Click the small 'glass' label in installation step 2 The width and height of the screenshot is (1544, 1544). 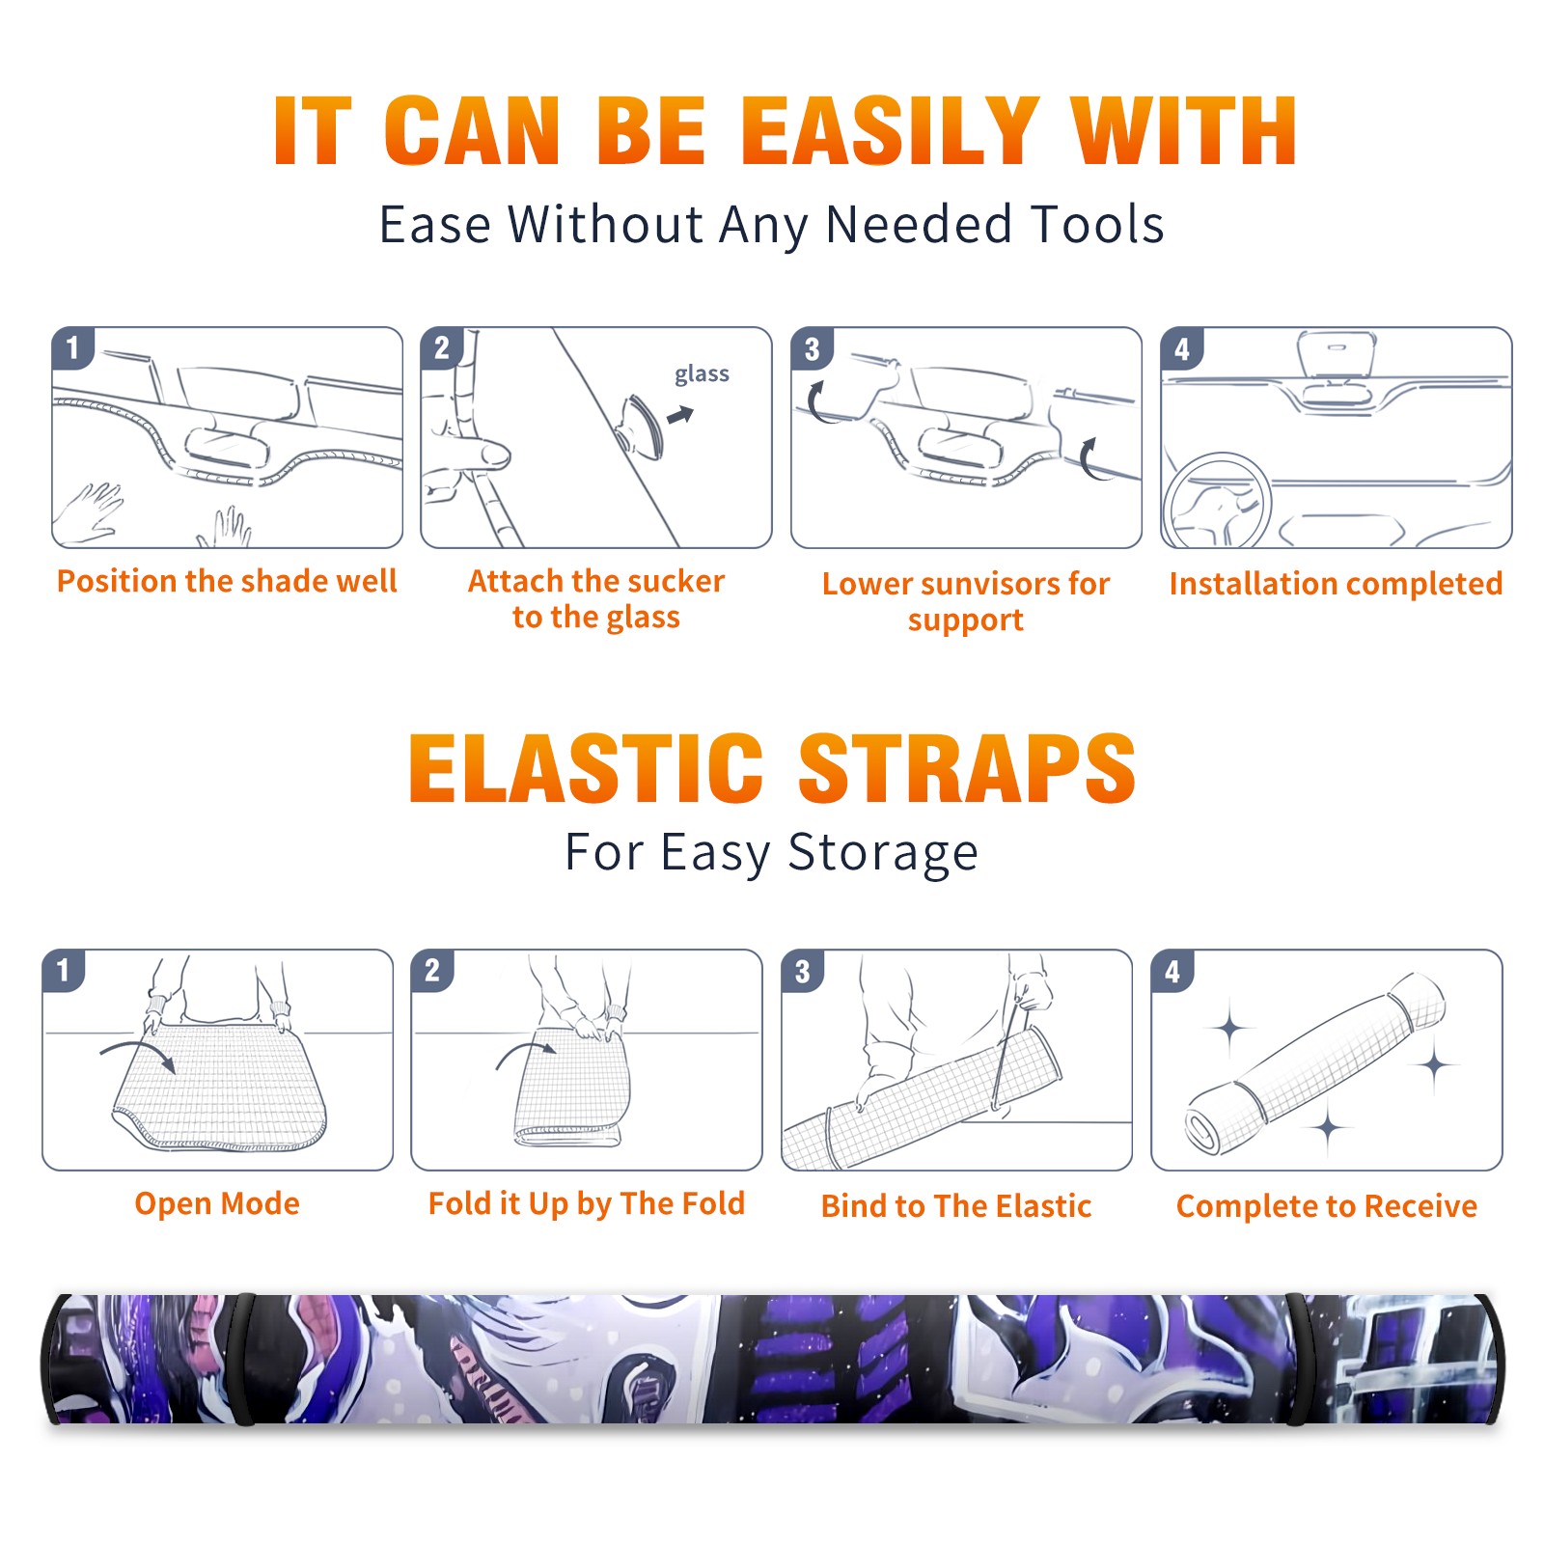[x=702, y=374]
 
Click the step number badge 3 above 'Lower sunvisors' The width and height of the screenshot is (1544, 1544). [x=812, y=348]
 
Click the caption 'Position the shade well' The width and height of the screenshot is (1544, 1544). [x=227, y=581]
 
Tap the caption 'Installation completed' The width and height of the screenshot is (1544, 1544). [x=1336, y=583]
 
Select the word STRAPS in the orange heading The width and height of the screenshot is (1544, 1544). [x=967, y=768]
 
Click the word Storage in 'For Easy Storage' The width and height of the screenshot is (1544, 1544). [x=883, y=853]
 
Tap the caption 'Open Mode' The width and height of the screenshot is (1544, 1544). [x=217, y=1203]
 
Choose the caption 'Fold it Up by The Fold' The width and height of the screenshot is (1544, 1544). [x=587, y=1203]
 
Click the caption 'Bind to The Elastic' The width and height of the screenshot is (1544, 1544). [x=956, y=1206]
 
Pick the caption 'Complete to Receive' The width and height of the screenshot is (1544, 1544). [x=1327, y=1206]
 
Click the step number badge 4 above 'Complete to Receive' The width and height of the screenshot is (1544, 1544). [x=1172, y=971]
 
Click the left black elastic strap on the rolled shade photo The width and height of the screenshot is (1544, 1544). [x=244, y=1360]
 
